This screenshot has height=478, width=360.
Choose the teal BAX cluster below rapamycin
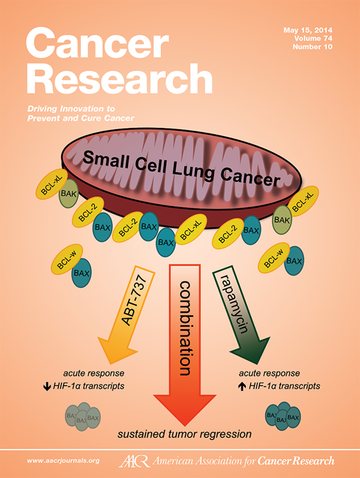click(284, 417)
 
